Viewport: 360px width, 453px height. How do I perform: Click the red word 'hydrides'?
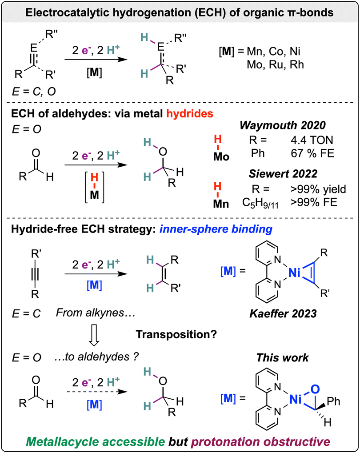(189, 113)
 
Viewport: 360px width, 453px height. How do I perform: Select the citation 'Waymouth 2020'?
(283, 125)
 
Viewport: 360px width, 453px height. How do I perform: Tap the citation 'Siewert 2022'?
(283, 174)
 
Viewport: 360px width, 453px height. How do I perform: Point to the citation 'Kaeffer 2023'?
(283, 313)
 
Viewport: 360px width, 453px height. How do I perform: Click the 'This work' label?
(282, 358)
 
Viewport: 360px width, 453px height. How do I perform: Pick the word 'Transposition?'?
(176, 334)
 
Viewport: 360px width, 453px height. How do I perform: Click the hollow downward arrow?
(94, 336)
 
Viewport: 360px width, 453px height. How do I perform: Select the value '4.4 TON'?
(312, 140)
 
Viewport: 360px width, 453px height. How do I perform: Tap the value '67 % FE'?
(312, 153)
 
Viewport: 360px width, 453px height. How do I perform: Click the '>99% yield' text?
(318, 189)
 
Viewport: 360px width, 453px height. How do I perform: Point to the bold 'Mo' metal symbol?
(221, 156)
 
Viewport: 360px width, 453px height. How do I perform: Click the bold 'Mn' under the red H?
(221, 204)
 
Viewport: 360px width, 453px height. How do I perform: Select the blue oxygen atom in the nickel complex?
(315, 389)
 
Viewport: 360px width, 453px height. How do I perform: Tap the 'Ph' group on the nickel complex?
(333, 401)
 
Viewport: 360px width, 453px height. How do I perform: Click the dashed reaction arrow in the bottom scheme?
(97, 392)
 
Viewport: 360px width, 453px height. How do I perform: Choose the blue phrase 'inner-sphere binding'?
(216, 229)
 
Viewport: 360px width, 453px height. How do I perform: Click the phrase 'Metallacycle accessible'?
(96, 442)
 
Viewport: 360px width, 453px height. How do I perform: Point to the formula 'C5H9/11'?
(260, 203)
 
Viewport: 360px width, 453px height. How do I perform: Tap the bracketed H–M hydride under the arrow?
(95, 187)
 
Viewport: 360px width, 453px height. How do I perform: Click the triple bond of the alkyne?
(35, 274)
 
